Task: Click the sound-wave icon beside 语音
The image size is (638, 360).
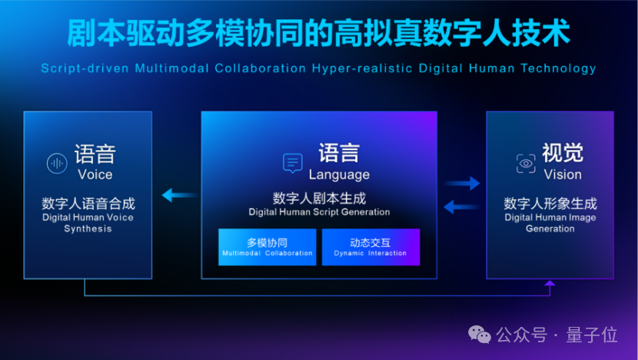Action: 57,162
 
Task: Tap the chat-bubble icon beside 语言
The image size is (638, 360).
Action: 293,162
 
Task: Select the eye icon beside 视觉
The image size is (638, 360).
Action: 526,162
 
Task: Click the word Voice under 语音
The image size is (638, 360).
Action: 95,175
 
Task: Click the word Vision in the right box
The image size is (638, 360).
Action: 563,175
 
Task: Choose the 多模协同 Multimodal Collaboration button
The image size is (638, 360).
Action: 267,247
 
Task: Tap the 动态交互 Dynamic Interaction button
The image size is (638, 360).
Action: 371,247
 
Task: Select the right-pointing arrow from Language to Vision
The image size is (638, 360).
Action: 462,183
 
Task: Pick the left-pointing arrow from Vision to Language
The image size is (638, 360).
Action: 462,205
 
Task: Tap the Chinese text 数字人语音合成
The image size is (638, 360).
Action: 88,204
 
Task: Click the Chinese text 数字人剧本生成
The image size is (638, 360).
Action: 319,198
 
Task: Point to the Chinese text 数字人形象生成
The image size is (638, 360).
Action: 550,204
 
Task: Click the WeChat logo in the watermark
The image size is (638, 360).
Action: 480,335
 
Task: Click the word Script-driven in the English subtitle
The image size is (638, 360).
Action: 85,68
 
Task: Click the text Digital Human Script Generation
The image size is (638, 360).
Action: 319,212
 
